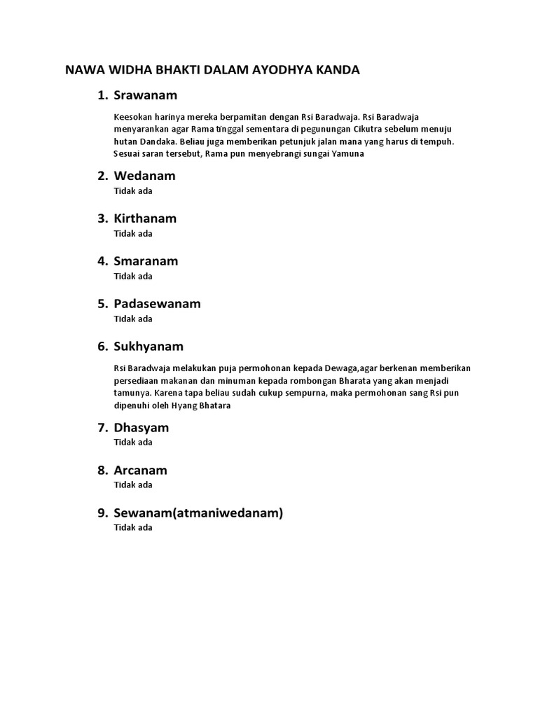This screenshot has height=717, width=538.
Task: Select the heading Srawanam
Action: (x=146, y=95)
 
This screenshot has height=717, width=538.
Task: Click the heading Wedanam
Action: (x=144, y=176)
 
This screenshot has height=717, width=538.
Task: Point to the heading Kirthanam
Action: (x=145, y=218)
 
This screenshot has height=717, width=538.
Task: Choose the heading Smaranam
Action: (x=146, y=261)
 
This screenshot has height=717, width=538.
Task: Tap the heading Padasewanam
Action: (x=157, y=304)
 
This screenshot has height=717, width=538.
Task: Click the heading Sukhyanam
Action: (x=149, y=347)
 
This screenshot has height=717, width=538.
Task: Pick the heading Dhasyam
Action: (x=141, y=428)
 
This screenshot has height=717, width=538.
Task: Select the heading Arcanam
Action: (x=140, y=471)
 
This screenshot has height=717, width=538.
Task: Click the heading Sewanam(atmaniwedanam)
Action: (x=198, y=513)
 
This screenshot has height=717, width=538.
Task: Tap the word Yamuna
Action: (x=347, y=153)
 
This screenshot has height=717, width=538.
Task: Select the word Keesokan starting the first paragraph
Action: (x=131, y=117)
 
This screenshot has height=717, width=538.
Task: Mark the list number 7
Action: (x=102, y=428)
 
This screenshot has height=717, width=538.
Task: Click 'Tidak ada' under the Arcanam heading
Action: (x=133, y=485)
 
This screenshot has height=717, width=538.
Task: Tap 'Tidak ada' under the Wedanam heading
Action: (x=133, y=190)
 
